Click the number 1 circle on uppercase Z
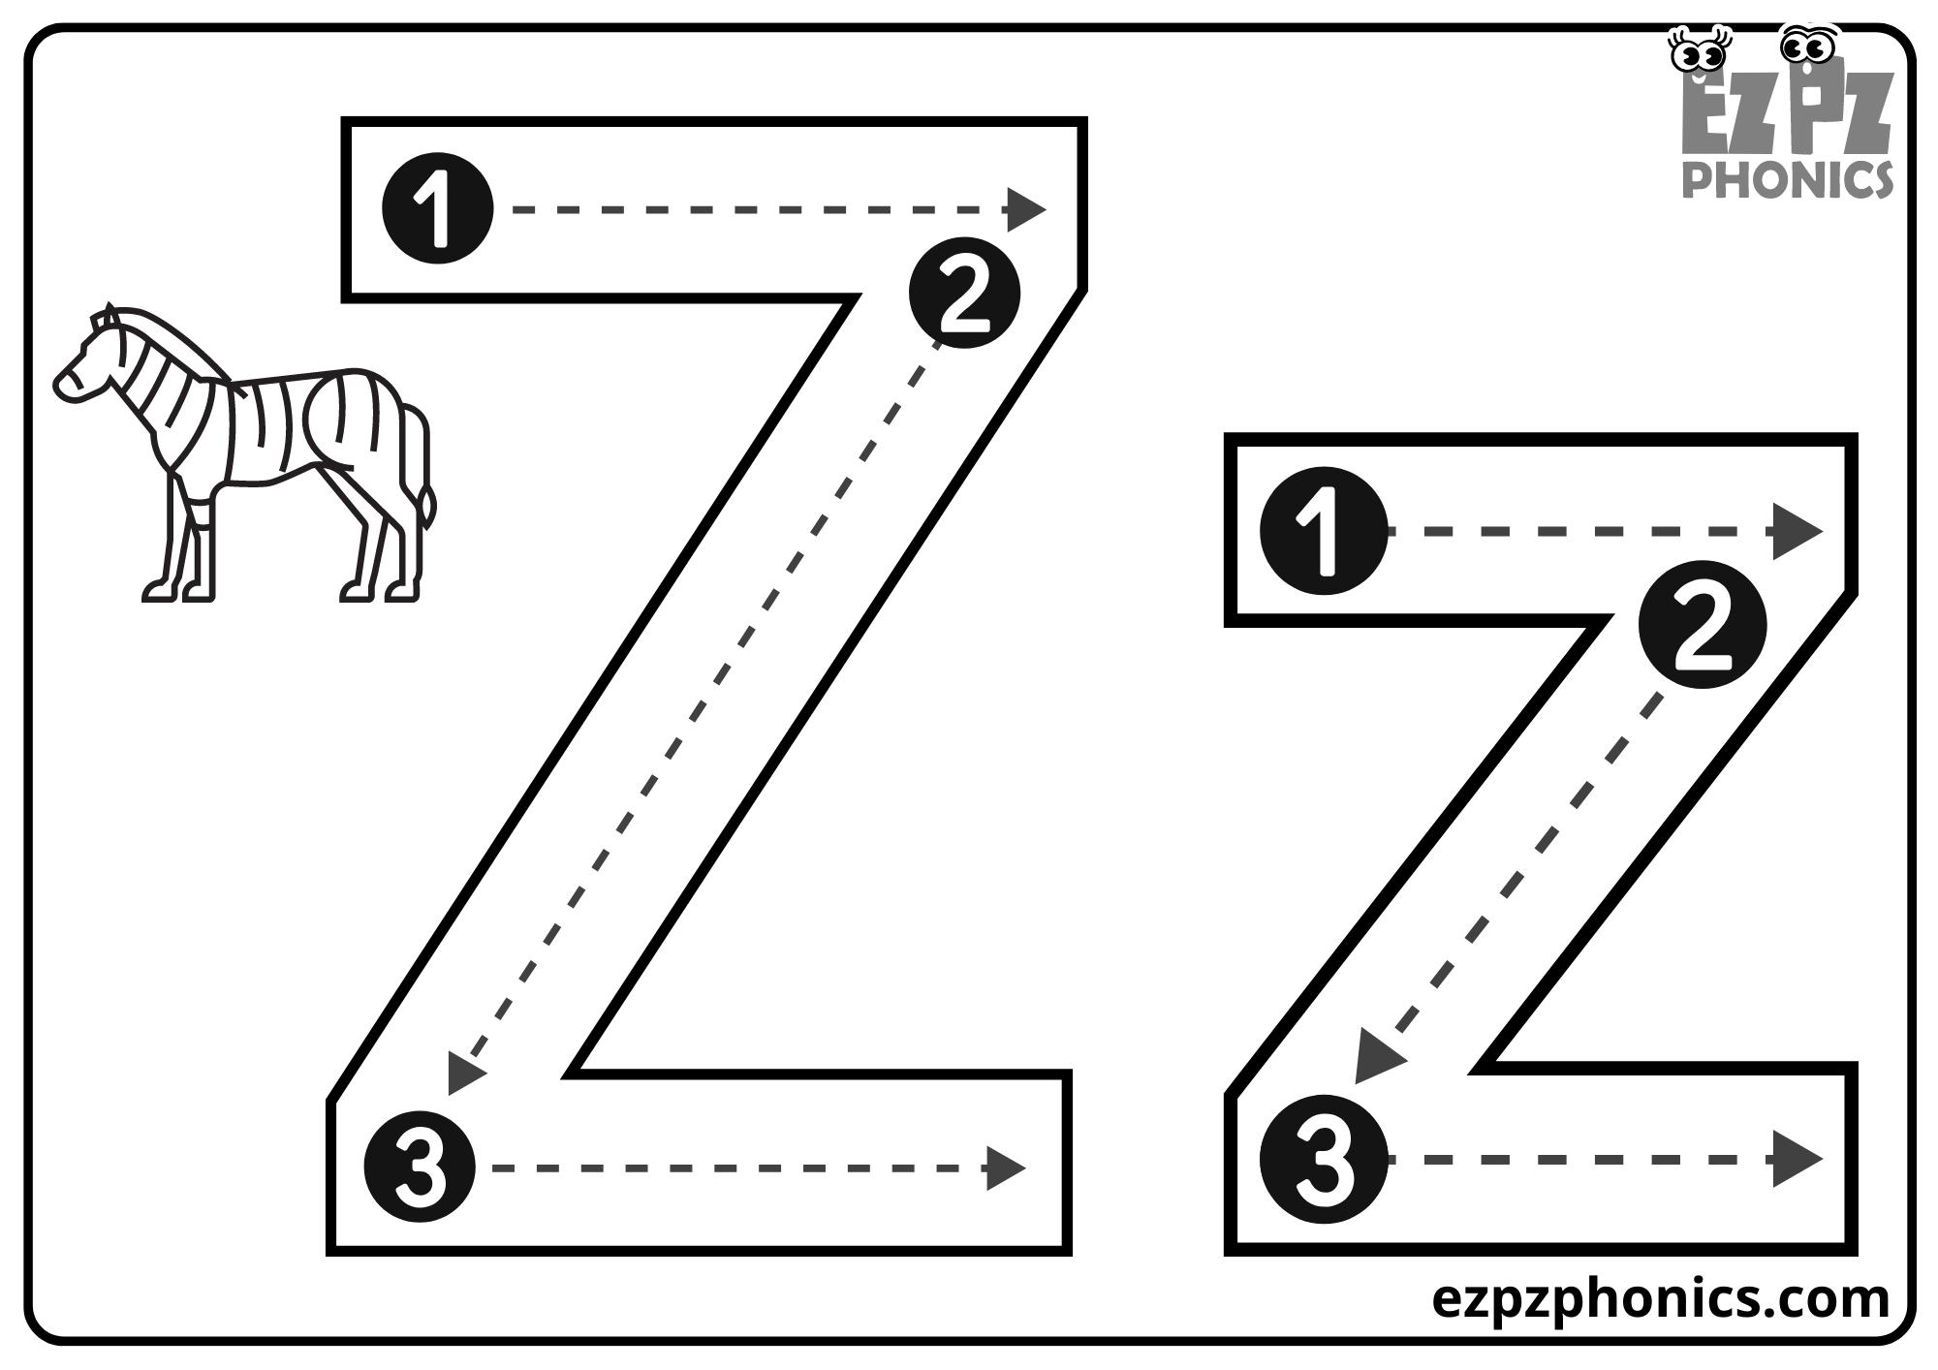coord(437,208)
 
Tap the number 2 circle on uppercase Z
coord(964,292)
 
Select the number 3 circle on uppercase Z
coord(420,1167)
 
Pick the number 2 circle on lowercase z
coord(1702,625)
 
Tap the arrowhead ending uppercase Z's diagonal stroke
coord(465,1074)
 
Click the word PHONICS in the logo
coord(1787,179)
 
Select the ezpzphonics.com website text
coord(1660,1298)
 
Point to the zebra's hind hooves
coord(378,589)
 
